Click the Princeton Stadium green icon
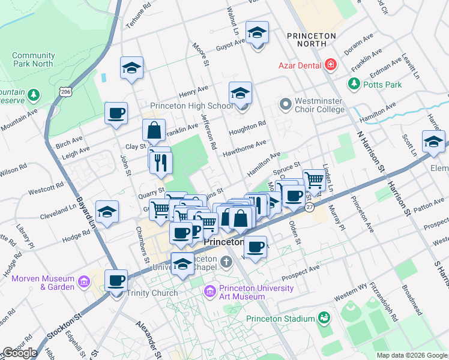[324, 317]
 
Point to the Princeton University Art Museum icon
[209, 292]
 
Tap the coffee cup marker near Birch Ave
[116, 113]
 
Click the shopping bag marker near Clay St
[154, 130]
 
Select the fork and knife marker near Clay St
[161, 163]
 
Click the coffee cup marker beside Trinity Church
[116, 280]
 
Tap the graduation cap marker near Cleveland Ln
[107, 212]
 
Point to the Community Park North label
[34, 60]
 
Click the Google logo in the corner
[19, 353]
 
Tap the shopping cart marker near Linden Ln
[313, 179]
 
